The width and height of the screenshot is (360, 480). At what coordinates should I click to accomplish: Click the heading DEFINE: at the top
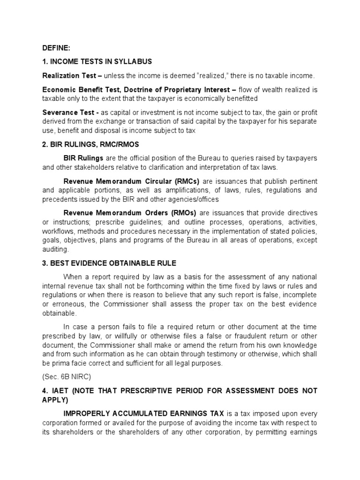56,47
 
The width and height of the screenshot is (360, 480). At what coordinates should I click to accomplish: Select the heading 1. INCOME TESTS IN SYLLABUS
97,61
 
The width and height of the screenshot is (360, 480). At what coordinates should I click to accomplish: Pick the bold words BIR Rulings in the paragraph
83,158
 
